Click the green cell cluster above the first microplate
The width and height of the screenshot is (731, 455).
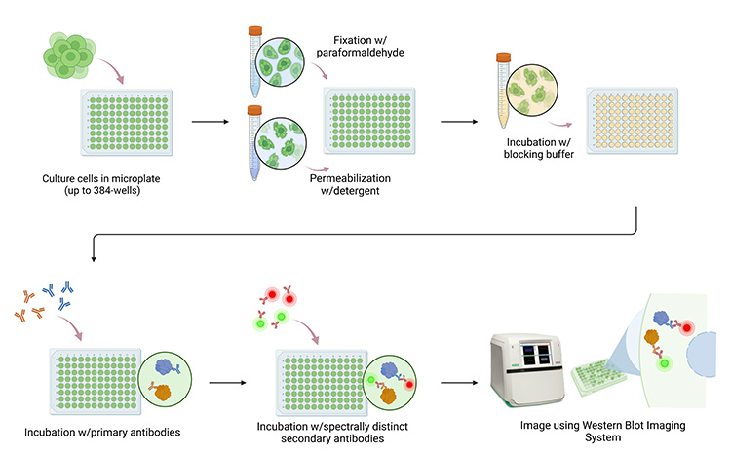(69, 56)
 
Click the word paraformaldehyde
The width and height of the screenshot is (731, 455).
(360, 53)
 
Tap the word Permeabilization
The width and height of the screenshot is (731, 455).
(350, 178)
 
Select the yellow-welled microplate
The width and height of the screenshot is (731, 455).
(633, 121)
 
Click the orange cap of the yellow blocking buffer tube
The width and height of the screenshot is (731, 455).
(503, 57)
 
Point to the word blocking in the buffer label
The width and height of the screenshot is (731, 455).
(523, 154)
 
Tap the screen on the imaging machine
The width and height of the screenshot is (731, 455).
(536, 356)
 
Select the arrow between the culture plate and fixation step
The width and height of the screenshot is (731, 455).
(211, 122)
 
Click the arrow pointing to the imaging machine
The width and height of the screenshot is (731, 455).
(459, 383)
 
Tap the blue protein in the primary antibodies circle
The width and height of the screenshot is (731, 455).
(165, 367)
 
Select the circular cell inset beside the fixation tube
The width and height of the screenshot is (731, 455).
(280, 62)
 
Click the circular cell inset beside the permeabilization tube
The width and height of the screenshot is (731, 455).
(281, 142)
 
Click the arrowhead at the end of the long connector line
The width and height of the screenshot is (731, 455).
(94, 259)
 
